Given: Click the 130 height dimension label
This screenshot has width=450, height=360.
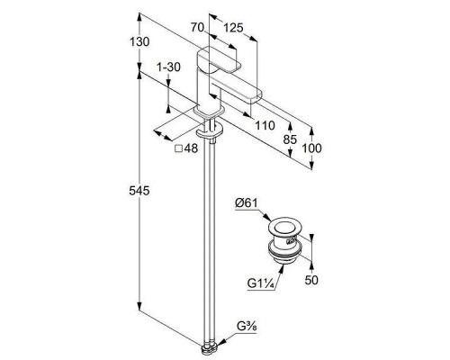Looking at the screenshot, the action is click(x=139, y=41).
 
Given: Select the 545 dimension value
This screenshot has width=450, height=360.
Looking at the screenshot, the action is click(x=139, y=191).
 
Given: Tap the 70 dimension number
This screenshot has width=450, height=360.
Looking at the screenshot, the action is click(x=197, y=28).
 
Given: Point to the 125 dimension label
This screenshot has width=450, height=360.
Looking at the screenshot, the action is click(x=233, y=28).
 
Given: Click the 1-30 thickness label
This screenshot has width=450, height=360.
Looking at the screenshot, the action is click(x=169, y=67).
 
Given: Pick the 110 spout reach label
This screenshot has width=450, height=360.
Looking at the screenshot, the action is click(x=265, y=126).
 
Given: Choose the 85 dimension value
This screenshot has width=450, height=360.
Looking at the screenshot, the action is click(x=290, y=139).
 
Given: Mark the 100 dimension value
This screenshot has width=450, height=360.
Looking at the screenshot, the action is click(x=311, y=148).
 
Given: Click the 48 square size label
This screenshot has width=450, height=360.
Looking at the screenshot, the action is click(x=191, y=148).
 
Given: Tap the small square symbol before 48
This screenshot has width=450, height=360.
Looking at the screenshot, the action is click(x=179, y=148).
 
